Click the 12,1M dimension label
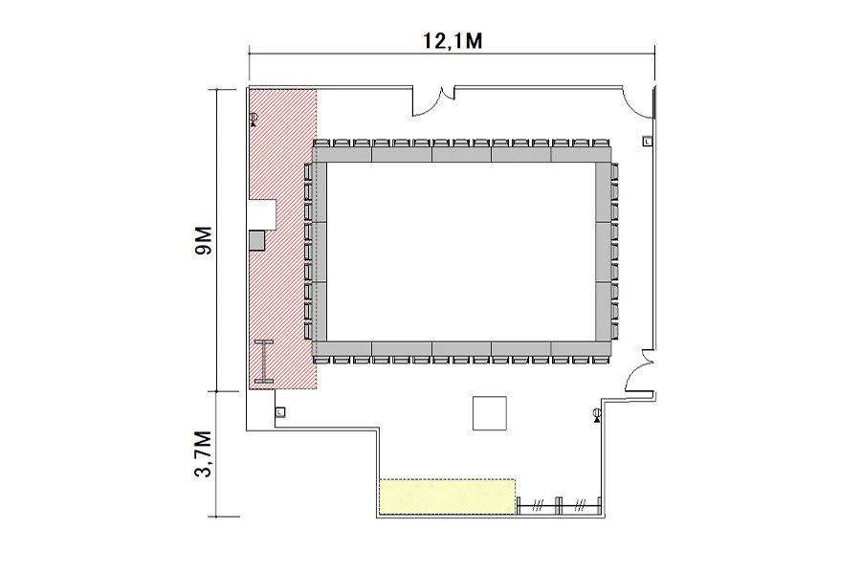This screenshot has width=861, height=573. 453,40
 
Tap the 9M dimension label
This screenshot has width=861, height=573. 203,240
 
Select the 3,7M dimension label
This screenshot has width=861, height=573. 203,453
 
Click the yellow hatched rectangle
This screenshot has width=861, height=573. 448,496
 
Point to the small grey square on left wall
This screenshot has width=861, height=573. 257,240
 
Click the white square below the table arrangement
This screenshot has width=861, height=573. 490,413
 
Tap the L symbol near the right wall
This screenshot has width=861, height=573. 648,142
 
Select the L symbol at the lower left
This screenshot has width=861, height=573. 280,411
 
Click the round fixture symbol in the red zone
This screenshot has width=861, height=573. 254,119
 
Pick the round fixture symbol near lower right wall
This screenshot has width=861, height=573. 597,415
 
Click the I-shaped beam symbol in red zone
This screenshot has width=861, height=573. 264,362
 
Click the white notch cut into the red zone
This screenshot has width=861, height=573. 262,214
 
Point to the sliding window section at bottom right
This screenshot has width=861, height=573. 559,505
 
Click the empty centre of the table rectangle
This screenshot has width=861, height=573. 461,252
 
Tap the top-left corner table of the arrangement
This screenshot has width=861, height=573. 342,154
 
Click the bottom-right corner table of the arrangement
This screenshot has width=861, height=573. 581,348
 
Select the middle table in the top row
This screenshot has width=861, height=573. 461,154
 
